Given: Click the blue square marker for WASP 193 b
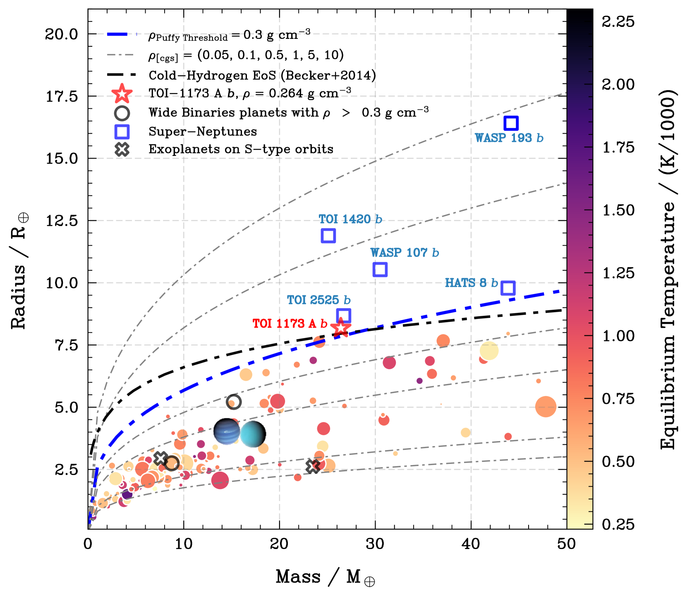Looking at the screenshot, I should coord(511,123).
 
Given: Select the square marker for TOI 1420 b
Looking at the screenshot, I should coord(328,236).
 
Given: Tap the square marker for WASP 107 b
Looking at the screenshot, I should coord(380,270).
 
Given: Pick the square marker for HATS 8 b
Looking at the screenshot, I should coord(507,288).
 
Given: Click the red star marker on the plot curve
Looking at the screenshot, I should coord(340,328).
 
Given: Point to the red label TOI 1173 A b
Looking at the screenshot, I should coord(290,323).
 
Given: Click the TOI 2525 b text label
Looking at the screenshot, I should coord(318,300).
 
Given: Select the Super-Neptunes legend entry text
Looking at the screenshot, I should coord(203,131).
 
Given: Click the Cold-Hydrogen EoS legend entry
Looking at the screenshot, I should coord(262,75).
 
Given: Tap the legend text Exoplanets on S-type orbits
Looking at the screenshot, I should coord(241,149).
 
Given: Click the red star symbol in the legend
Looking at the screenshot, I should coord(122,94).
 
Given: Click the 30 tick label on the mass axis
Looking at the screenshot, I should coord(375,544).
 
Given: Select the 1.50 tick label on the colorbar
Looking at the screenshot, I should coord(618,210).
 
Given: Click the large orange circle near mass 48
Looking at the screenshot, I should coord(545,407).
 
